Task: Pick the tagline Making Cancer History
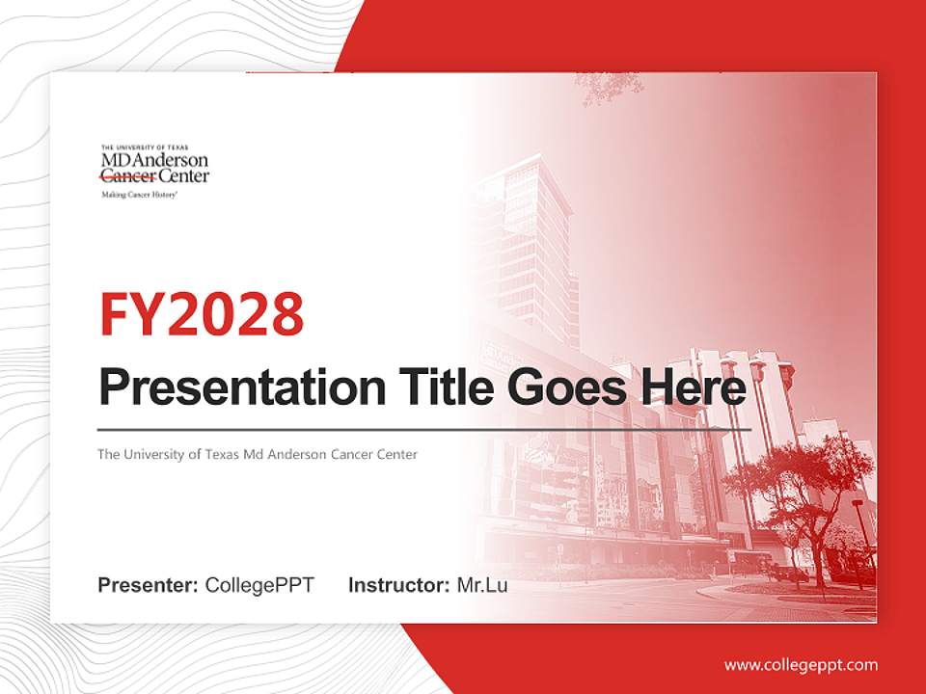[140, 194]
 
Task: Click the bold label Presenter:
[148, 585]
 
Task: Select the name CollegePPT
[259, 585]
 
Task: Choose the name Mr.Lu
[482, 585]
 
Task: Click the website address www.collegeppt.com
[801, 665]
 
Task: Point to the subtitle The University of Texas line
[257, 454]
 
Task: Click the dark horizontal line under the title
[424, 429]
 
